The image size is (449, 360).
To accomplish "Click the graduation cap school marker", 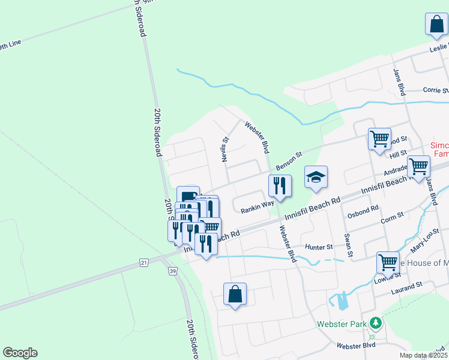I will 316,178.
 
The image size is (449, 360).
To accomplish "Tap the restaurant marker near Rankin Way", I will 280,187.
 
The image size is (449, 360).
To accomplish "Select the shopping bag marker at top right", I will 436,25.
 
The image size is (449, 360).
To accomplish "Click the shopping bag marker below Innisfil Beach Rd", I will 235,295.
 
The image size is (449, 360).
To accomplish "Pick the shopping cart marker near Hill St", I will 379,139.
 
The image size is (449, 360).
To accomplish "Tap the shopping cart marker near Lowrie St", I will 388,262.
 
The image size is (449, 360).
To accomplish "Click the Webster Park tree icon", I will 376,323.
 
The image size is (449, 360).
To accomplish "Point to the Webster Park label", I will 342,325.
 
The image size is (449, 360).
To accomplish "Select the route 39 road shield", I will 173,271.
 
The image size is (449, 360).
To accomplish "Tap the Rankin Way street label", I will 258,211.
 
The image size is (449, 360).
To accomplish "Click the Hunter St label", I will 319,247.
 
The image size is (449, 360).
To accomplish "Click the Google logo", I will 20,353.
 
